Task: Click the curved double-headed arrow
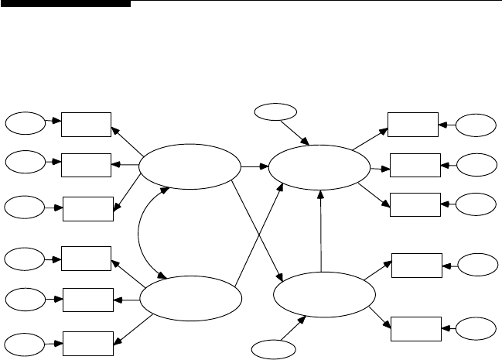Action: tap(139, 232)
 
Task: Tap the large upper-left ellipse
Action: tap(189, 166)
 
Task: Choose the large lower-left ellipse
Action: tap(189, 298)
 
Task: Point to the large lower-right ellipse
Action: tap(324, 293)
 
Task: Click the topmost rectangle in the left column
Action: tap(86, 122)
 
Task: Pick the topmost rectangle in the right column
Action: tap(412, 123)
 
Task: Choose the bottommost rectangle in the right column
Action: tap(416, 327)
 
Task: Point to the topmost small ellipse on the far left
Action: tap(25, 122)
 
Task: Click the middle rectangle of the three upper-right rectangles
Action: tap(415, 165)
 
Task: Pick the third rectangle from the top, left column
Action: tap(87, 207)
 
